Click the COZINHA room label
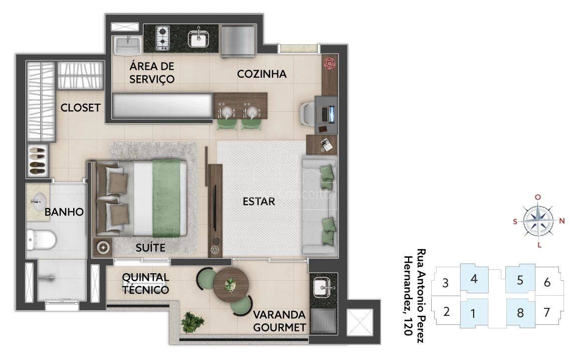pyautogui.click(x=262, y=74)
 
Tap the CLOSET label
pyautogui.click(x=80, y=108)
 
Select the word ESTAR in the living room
pyautogui.click(x=259, y=201)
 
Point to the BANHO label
pyautogui.click(x=64, y=212)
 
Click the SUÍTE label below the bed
pyautogui.click(x=150, y=248)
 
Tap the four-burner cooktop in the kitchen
pyautogui.click(x=162, y=38)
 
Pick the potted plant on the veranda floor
pyautogui.click(x=193, y=322)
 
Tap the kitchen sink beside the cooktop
pyautogui.click(x=199, y=39)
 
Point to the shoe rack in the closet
pyautogui.click(x=38, y=160)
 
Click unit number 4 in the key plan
pyautogui.click(x=474, y=279)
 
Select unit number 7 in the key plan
pyautogui.click(x=546, y=312)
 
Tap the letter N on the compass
pyautogui.click(x=561, y=221)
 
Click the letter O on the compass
pyautogui.click(x=538, y=197)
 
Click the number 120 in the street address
pyautogui.click(x=408, y=326)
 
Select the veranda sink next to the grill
pyautogui.click(x=323, y=286)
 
